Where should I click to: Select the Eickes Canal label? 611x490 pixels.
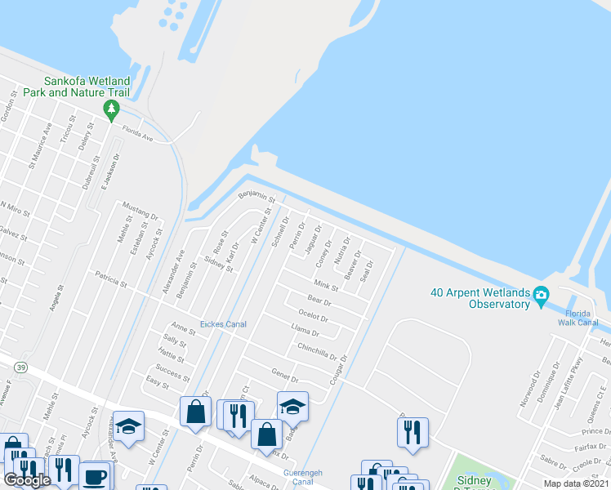pyautogui.click(x=224, y=324)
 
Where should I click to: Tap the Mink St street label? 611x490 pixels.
pyautogui.click(x=326, y=285)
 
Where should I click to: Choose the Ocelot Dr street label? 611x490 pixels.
pyautogui.click(x=314, y=317)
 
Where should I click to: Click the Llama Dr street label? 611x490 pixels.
pyautogui.click(x=305, y=331)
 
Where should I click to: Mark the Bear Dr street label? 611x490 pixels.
pyautogui.click(x=317, y=301)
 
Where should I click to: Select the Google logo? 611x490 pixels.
pyautogui.click(x=26, y=480)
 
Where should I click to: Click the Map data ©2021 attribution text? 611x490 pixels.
pyautogui.click(x=576, y=483)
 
